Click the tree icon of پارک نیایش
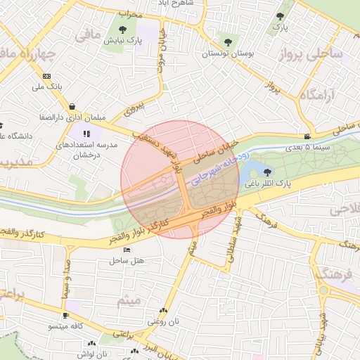(124, 30)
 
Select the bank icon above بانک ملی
(46, 76)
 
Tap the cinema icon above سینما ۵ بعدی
(307, 136)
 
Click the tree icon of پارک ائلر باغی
(267, 171)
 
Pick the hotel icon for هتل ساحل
(127, 250)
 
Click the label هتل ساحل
(127, 260)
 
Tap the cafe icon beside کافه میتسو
(65, 316)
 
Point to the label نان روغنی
(164, 321)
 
